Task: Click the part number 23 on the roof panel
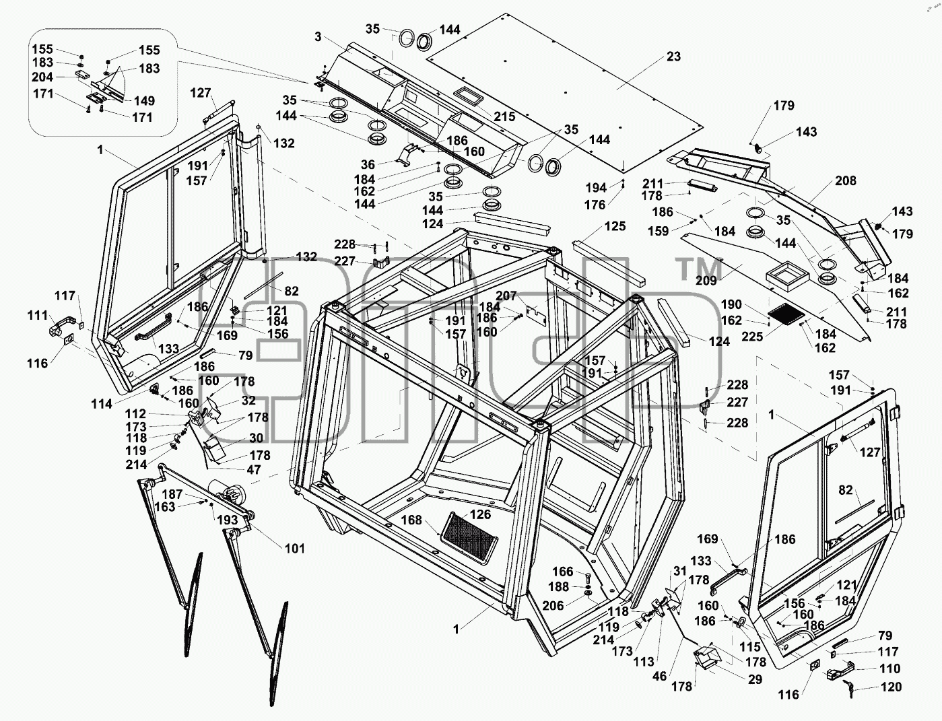[673, 57]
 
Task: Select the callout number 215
[504, 116]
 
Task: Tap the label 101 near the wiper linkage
[294, 549]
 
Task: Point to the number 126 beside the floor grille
[480, 514]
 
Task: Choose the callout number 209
[706, 281]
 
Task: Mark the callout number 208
[845, 180]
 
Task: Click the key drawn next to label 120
[848, 687]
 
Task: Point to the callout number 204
[42, 77]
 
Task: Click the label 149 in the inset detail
[144, 100]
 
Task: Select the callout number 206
[553, 605]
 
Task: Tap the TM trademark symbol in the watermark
[699, 269]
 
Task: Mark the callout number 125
[615, 226]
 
